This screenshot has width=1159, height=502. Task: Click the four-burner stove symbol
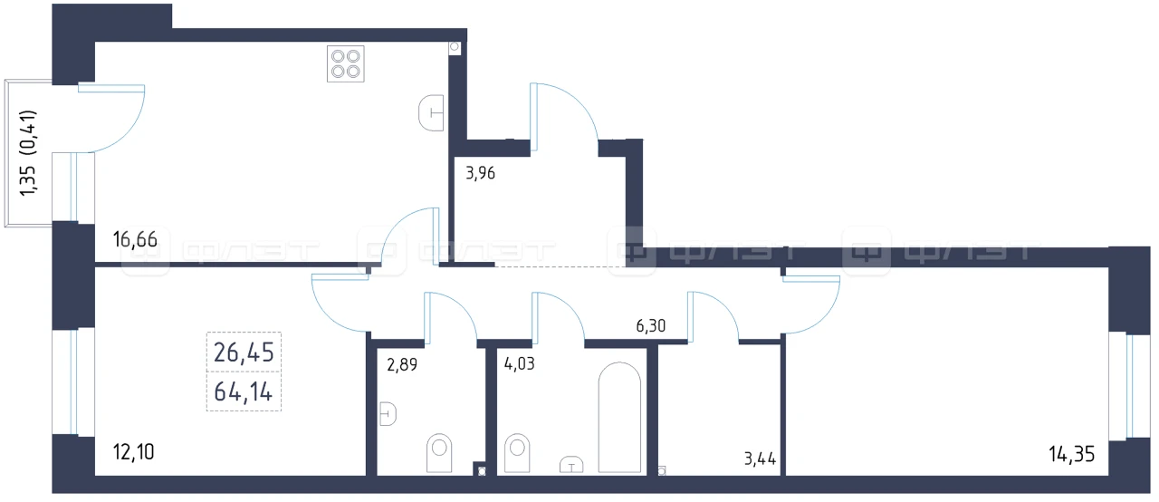coord(346,64)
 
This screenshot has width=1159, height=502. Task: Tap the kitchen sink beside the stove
coord(431,113)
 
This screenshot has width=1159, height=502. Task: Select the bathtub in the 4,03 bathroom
coord(619,417)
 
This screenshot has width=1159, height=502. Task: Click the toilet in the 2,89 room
coord(439,453)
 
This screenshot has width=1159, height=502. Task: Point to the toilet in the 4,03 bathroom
coord(517,453)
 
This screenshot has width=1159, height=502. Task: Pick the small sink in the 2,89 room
coord(388,414)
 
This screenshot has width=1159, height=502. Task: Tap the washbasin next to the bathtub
coord(571,465)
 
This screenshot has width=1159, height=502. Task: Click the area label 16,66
coord(135,239)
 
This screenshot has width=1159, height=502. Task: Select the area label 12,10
coord(133,452)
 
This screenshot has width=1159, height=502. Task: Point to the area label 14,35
coord(1071,454)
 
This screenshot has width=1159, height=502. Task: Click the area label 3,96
coord(480,173)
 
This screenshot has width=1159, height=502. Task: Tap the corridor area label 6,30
coord(650,325)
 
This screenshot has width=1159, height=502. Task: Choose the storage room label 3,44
coord(760,459)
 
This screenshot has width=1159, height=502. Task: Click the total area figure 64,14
coord(244,391)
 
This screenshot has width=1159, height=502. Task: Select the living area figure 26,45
coord(244,352)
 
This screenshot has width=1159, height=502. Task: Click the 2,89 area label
coord(402,365)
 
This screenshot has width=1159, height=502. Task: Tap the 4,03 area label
coord(519,364)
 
